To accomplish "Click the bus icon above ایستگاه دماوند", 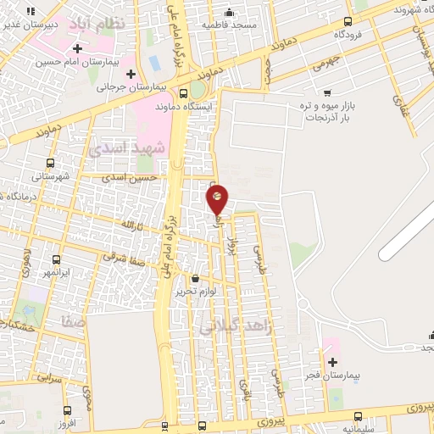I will click(x=184, y=93).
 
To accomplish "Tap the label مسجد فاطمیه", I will click(x=229, y=25).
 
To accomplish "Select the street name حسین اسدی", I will click(x=130, y=178).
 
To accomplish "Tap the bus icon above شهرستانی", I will click(x=50, y=164).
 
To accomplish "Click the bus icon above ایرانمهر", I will click(x=56, y=260).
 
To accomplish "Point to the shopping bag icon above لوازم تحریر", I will click(x=195, y=278).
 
